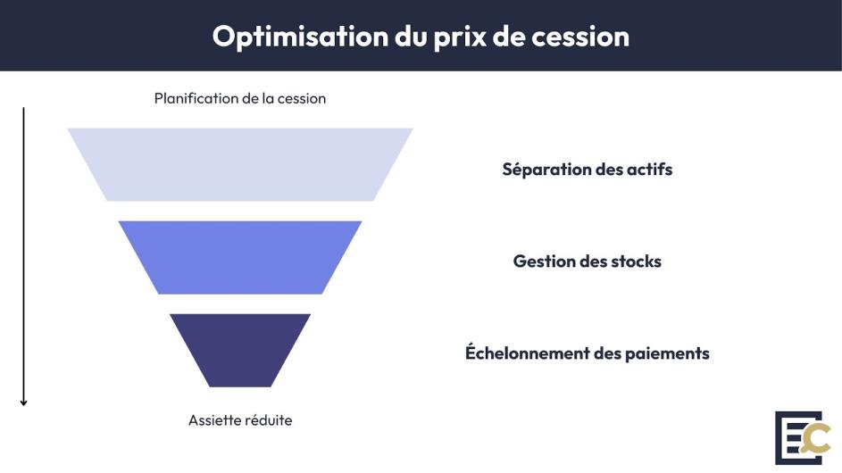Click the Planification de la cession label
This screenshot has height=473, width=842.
point(239,99)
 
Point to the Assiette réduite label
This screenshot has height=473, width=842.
point(239,420)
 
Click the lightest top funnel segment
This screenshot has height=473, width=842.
point(239,164)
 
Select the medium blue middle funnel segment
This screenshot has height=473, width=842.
point(239,257)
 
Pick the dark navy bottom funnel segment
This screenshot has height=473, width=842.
point(239,349)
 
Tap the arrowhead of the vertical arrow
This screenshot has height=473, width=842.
point(24,402)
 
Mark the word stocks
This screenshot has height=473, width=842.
point(637,261)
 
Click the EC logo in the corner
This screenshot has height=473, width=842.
point(802,437)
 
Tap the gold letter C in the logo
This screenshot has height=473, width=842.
point(817,439)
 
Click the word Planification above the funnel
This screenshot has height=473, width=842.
point(196,99)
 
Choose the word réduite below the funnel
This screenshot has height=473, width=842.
point(266,420)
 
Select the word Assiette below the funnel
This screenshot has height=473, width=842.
point(213,420)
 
